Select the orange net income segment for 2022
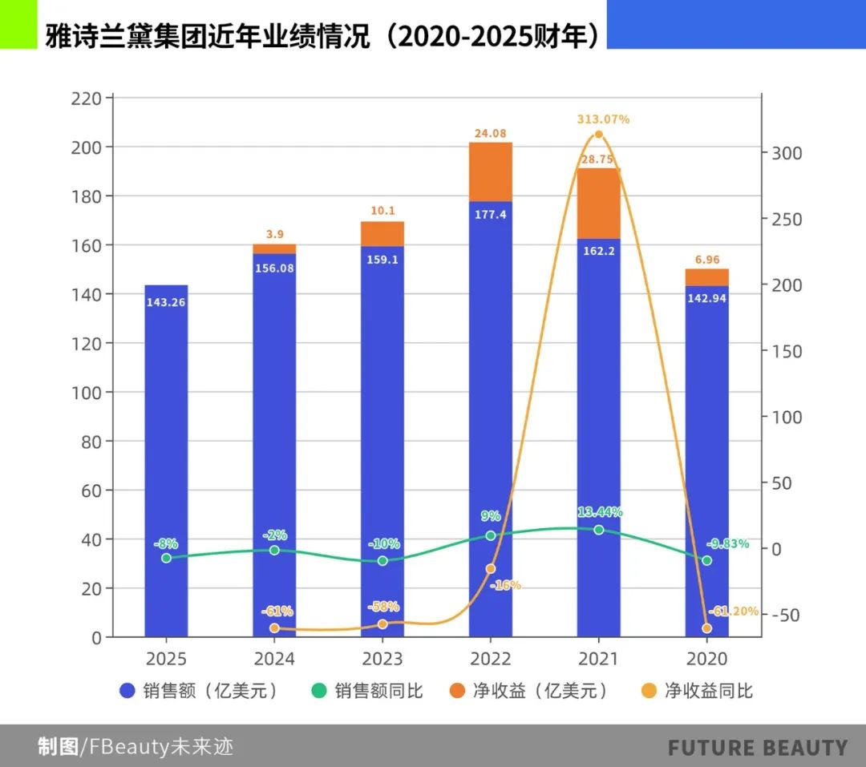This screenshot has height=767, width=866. [x=490, y=172]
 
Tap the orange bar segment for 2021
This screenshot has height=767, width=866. [x=598, y=204]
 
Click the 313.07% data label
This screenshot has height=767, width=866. [x=603, y=119]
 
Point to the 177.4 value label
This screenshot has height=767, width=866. [x=490, y=214]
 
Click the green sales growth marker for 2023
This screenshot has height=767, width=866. [x=382, y=560]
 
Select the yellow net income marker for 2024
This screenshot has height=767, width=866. [x=274, y=628]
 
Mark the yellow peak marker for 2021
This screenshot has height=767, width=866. [x=598, y=135]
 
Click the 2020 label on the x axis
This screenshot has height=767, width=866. [x=706, y=659]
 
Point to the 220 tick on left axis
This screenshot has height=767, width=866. [x=87, y=99]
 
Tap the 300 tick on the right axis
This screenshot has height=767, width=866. [x=787, y=153]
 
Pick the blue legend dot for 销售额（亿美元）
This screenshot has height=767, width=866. [x=127, y=691]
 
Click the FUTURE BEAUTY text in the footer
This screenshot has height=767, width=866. [x=758, y=748]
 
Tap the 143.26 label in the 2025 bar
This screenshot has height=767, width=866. [x=166, y=302]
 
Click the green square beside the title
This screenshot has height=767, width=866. [x=18, y=24]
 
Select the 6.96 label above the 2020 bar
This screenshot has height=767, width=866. [x=706, y=260]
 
